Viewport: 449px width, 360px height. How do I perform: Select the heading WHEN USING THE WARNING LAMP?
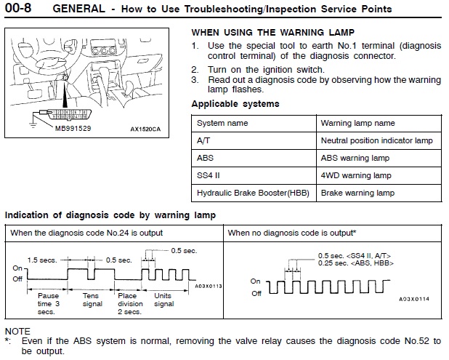pos(272,33)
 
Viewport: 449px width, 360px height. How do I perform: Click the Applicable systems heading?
pos(235,104)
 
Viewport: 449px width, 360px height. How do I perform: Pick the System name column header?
pos(222,124)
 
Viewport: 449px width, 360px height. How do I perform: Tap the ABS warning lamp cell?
pos(355,158)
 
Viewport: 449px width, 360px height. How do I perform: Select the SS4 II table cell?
pos(209,175)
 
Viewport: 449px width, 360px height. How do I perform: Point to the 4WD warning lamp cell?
pos(355,175)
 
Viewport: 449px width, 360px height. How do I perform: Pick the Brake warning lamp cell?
pos(357,193)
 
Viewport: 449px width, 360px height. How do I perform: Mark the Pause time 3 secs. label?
pos(49,304)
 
